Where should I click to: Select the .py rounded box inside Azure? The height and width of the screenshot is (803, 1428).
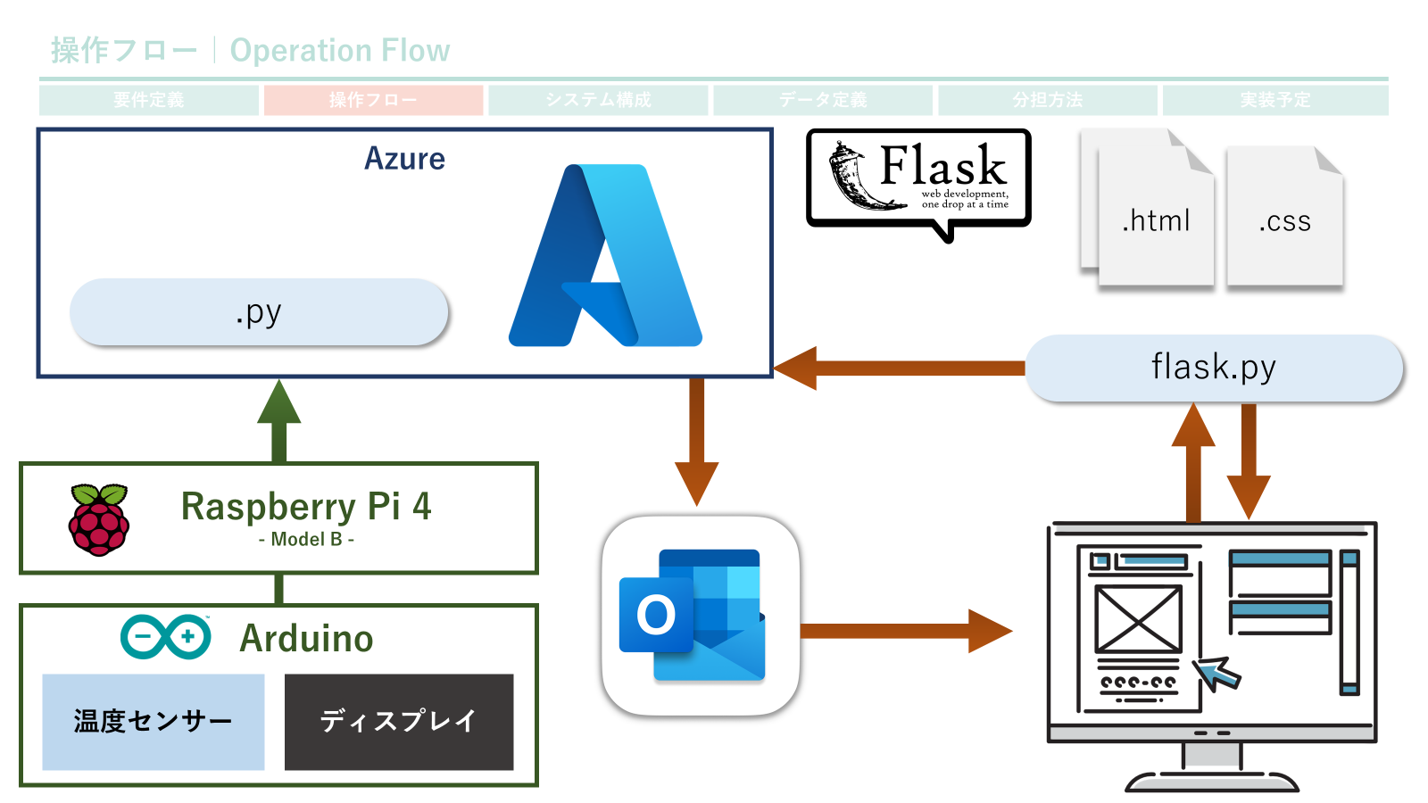click(x=259, y=312)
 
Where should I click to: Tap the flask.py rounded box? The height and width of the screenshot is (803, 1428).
click(x=1214, y=368)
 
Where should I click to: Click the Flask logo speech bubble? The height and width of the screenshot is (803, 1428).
click(x=919, y=178)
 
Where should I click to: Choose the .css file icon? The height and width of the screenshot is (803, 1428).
click(x=1285, y=219)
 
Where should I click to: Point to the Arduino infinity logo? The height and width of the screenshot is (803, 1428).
click(x=166, y=637)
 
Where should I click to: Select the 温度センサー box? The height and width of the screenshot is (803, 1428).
click(x=154, y=721)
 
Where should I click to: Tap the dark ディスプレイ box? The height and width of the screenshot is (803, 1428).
click(x=399, y=721)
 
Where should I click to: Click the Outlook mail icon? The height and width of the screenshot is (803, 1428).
click(x=700, y=616)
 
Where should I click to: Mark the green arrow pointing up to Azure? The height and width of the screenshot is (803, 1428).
click(x=279, y=419)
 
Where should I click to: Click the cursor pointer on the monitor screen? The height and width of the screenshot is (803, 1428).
click(x=1216, y=673)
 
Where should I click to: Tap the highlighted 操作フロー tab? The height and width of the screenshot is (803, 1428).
click(x=373, y=100)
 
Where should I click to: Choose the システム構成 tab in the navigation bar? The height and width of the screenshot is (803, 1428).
click(x=598, y=100)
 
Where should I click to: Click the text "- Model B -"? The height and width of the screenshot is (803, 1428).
click(x=306, y=539)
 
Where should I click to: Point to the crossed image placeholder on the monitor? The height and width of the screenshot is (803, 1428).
click(x=1139, y=618)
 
